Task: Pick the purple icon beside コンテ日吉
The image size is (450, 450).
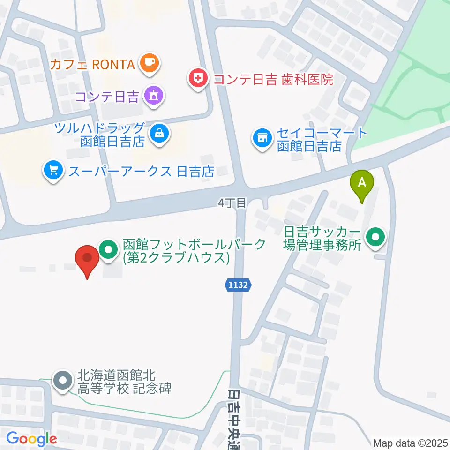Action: click(153, 97)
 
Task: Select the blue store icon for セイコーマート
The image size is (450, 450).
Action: click(261, 139)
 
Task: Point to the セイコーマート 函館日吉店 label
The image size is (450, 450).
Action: click(322, 139)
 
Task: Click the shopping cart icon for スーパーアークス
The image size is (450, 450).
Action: click(53, 170)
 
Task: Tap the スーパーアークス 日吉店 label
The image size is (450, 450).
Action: click(141, 171)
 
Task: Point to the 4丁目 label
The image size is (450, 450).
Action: click(232, 202)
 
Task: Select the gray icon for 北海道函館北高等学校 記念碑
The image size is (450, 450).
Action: click(62, 381)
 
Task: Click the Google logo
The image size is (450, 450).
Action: click(31, 439)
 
